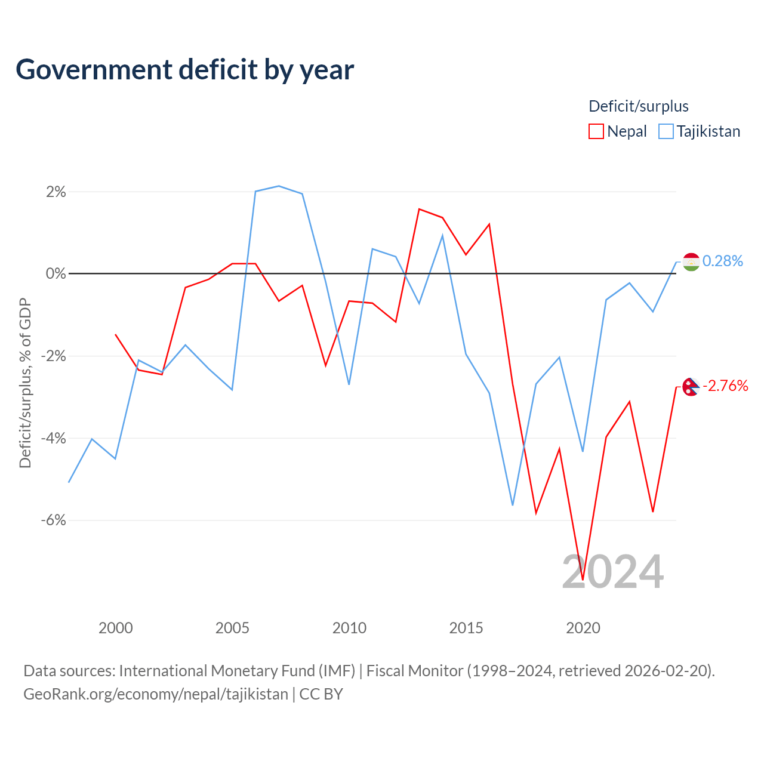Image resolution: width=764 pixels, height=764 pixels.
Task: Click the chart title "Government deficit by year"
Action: click(x=184, y=70)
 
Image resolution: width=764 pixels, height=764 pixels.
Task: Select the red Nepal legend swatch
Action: click(x=596, y=131)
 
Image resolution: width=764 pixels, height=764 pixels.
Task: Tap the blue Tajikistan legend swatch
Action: click(x=666, y=131)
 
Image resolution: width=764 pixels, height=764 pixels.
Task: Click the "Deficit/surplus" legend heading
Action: click(x=638, y=106)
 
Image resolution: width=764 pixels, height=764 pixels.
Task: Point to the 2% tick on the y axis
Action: click(x=56, y=192)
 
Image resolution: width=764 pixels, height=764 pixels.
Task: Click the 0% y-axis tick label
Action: click(x=56, y=273)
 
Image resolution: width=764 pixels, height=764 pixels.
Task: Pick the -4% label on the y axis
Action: click(x=54, y=438)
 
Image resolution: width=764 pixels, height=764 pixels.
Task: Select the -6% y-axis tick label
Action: click(x=54, y=520)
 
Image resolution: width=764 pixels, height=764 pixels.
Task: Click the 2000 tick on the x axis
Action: click(x=115, y=628)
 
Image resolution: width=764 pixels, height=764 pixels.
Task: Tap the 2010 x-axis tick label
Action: click(x=349, y=628)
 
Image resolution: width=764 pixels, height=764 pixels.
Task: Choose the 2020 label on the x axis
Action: click(x=583, y=628)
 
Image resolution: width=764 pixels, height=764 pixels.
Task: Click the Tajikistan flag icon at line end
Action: click(x=691, y=261)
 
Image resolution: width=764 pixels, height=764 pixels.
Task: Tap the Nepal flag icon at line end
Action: click(x=691, y=387)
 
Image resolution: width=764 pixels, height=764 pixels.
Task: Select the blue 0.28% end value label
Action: click(x=722, y=261)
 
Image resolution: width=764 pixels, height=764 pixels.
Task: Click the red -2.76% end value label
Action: click(x=725, y=386)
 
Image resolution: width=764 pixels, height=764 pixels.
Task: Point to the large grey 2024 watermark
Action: click(x=612, y=572)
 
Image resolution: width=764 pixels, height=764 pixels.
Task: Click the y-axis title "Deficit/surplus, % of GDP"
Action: click(x=25, y=383)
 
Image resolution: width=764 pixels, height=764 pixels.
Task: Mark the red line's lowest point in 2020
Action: click(x=583, y=580)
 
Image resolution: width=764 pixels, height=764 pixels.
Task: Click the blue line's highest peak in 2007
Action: click(x=279, y=186)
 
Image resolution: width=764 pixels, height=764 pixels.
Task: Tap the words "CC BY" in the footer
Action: click(x=321, y=694)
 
